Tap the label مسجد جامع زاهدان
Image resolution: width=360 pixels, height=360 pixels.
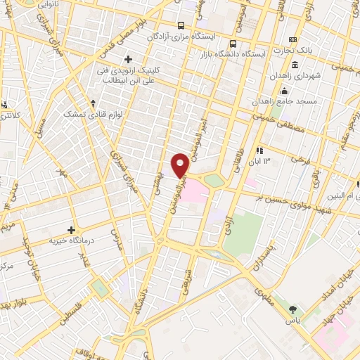coord(284,102)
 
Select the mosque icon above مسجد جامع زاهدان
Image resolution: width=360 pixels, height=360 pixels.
coord(284,91)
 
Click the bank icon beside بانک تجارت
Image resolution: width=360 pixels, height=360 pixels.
coord(293,39)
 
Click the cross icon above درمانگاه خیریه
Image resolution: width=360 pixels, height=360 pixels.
coord(70,229)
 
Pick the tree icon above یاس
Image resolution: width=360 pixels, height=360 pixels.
coord(293,309)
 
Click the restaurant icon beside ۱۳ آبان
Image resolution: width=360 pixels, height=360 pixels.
coord(259,150)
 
